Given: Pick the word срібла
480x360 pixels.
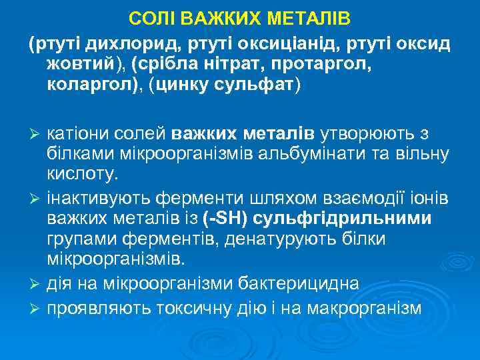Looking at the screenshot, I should click(165, 65).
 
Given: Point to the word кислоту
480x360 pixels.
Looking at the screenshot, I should click(82, 176).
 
